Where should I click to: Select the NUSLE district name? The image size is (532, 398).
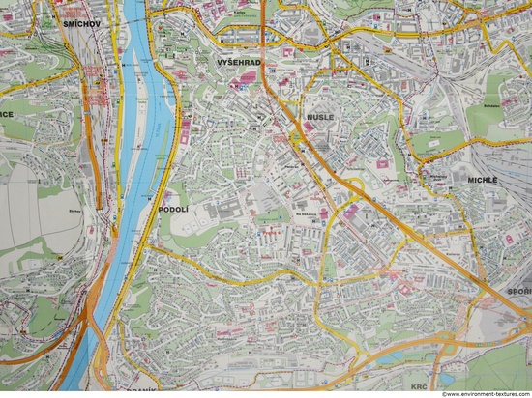319,116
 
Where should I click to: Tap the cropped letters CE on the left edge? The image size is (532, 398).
7,113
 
